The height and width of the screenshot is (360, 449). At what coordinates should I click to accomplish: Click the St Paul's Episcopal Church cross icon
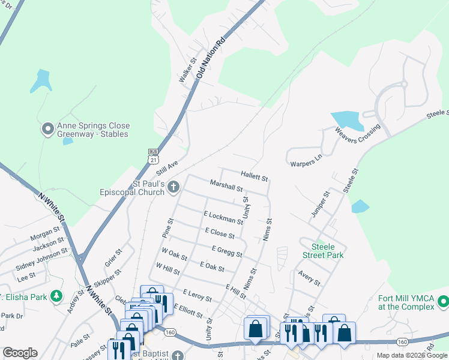pos(173,187)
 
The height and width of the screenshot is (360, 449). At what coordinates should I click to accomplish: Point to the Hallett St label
pos(254,175)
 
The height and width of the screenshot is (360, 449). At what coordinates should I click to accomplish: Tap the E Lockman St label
pos(223,217)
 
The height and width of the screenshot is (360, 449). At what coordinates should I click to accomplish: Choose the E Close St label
pos(219,233)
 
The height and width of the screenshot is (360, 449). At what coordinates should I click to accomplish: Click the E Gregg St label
pos(227,251)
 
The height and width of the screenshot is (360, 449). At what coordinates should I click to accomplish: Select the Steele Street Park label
pos(327,251)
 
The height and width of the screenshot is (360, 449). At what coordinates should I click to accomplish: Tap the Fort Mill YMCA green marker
pos(443,301)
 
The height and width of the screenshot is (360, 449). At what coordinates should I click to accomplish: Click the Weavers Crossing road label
pos(358,138)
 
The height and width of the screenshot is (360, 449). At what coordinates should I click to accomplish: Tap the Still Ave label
pos(169,165)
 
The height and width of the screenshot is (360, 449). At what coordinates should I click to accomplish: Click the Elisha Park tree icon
pos(56,296)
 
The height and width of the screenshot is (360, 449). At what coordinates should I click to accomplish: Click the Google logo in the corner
pos(20,353)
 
